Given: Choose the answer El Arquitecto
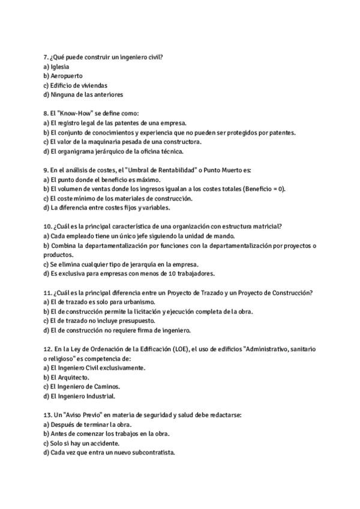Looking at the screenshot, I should click(70, 377).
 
